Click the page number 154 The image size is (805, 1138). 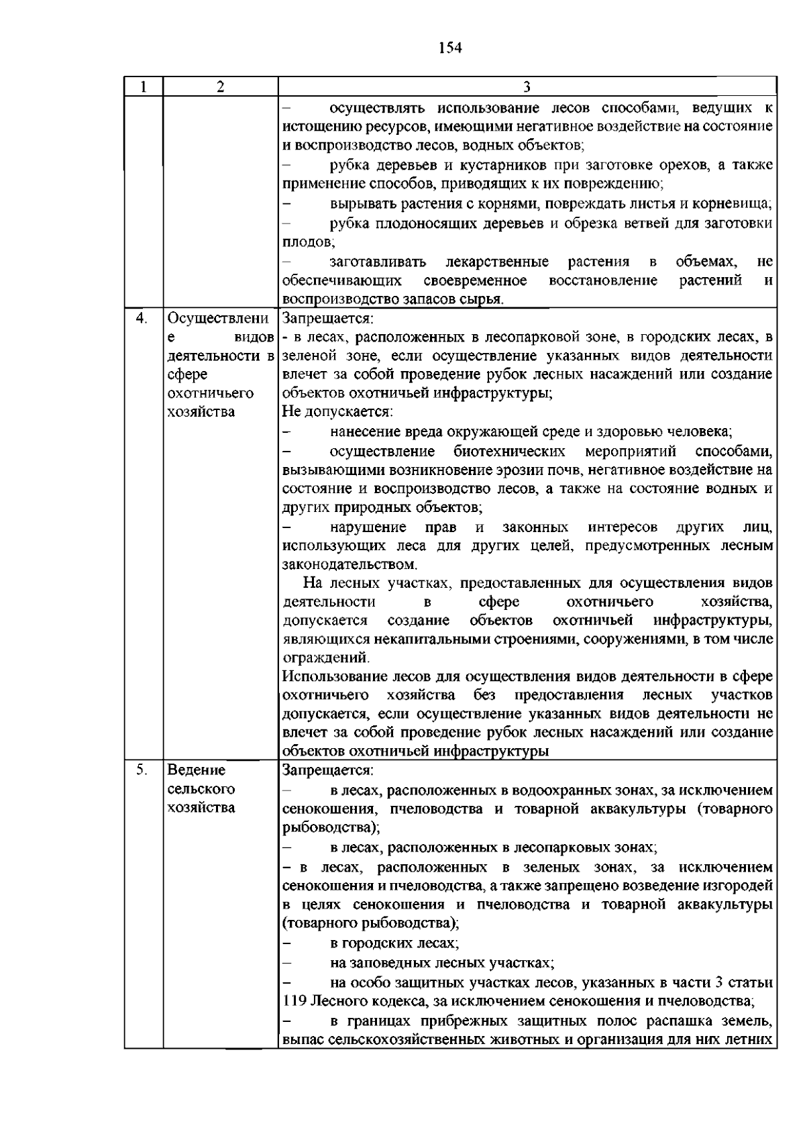pos(451,47)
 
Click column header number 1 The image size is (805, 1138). pos(144,87)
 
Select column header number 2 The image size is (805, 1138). pos(220,87)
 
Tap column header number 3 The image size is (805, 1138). pos(527,87)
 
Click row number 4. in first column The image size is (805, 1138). pos(142,318)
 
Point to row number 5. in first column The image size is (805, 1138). pos(142,770)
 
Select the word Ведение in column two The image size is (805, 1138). pos(196,770)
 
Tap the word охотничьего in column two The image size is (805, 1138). pos(201,393)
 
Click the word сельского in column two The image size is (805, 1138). pos(201,788)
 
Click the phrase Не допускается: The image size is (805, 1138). pos(337,411)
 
